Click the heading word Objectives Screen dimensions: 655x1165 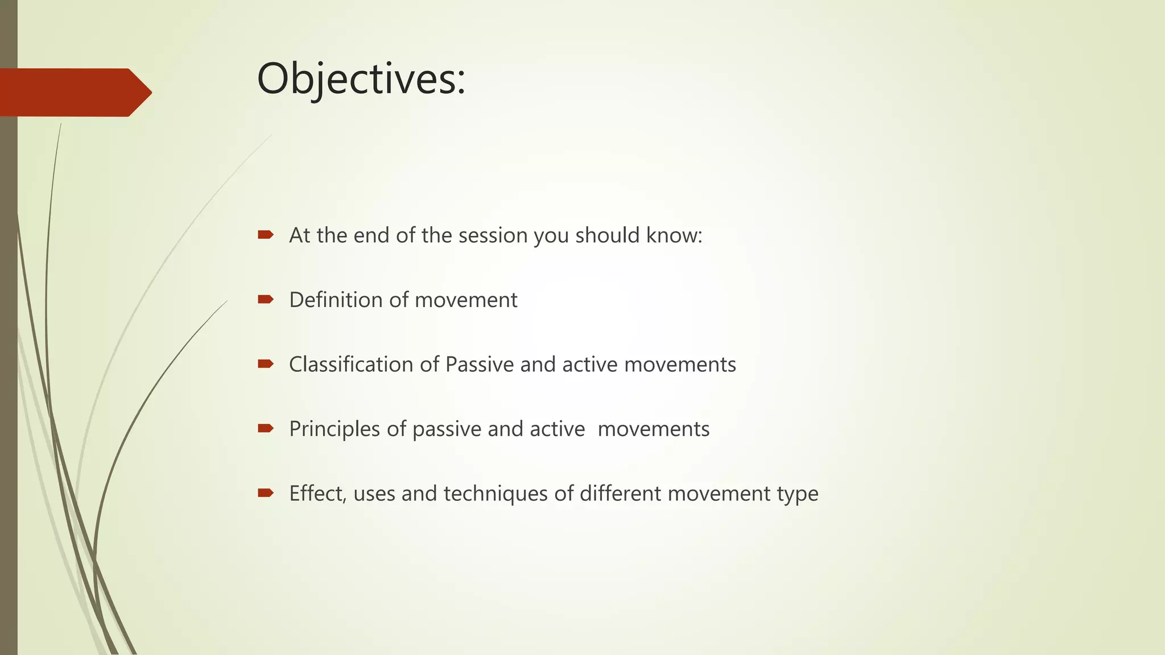361,79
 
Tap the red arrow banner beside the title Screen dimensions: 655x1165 74,92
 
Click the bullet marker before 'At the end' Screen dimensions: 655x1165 266,234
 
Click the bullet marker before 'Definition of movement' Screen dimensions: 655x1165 266,299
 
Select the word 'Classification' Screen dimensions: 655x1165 351,364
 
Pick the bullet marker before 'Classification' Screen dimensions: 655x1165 266,363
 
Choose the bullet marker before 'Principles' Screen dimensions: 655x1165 266,428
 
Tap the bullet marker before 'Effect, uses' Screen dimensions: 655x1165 266,492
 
